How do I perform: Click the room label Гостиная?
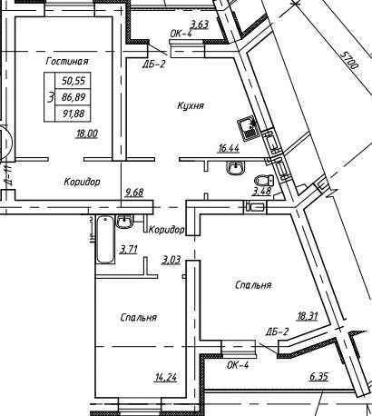coord(67,61)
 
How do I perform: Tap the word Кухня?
coord(191,105)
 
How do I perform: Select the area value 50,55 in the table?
coord(73,81)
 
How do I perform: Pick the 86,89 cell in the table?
coord(73,97)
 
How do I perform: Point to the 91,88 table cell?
coord(73,114)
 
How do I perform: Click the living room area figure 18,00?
coord(87,134)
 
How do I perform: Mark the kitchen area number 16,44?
coord(229,148)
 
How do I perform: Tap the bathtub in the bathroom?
coord(105,239)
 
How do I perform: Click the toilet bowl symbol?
coord(264,181)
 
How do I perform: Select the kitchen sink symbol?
coord(248,130)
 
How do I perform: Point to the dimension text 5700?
coord(348,60)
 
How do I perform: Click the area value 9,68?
coord(134,193)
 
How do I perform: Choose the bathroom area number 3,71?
coord(129,249)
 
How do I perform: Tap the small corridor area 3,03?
coord(171,260)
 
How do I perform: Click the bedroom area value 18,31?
coord(308,316)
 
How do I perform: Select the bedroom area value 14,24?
coord(165,378)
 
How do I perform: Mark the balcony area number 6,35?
coord(318,377)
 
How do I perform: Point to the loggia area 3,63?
coord(200,25)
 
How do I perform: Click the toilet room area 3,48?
coord(261,191)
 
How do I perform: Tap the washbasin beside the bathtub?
coord(124,222)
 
